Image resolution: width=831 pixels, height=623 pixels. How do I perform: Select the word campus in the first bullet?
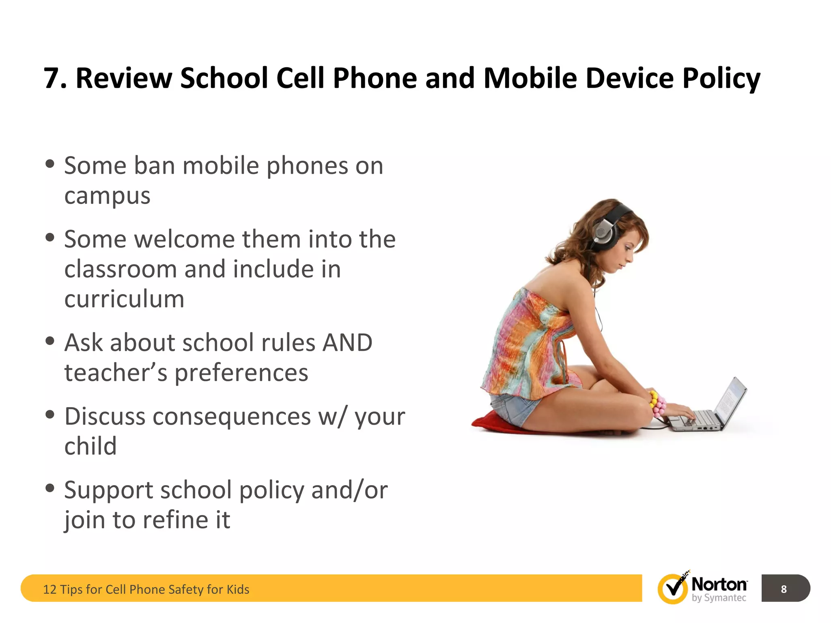pos(107,196)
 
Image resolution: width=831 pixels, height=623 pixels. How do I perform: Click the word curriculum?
pos(124,299)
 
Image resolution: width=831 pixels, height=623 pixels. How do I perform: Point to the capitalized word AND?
pos(347,343)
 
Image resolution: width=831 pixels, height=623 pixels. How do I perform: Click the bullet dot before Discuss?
pos(50,415)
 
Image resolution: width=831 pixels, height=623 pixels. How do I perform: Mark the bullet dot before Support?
pos(50,488)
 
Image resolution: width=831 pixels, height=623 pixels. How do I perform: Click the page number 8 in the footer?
pos(784,589)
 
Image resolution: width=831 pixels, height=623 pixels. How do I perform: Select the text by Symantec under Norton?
pos(719,598)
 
